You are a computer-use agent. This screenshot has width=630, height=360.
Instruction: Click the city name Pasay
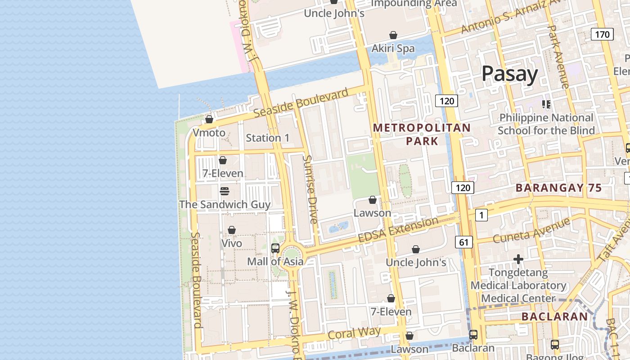coord(509,74)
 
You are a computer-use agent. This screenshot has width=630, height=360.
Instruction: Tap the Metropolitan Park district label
coord(422,135)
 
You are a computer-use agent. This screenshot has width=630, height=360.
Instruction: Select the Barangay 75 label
coord(558,188)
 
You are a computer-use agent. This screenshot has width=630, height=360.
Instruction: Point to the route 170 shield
coord(602,34)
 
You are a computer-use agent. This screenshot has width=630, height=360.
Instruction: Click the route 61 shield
coord(463,243)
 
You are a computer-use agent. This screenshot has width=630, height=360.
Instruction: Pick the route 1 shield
coord(481,215)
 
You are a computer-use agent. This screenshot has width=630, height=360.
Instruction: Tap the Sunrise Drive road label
coord(310,189)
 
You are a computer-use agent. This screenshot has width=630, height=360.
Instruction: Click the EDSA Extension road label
coord(398,229)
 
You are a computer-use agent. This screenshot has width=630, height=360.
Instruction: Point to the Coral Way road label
coord(354,333)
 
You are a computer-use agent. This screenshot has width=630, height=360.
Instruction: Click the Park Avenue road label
coord(558,56)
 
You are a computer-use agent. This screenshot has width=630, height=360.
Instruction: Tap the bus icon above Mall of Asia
coord(275,248)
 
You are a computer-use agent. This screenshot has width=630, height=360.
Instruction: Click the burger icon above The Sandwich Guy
coord(225,191)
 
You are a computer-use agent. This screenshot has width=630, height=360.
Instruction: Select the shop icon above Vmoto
coord(209,119)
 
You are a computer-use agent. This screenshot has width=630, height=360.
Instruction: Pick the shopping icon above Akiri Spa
coord(393,35)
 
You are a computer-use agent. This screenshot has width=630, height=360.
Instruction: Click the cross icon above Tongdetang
coord(518,259)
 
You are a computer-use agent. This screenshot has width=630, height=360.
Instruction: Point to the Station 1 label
coord(268,138)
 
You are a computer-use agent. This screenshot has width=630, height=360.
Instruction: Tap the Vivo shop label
coord(232,243)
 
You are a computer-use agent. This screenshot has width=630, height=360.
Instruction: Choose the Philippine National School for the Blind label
coord(546,124)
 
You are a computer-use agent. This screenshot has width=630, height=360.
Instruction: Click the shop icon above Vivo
coord(232,230)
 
